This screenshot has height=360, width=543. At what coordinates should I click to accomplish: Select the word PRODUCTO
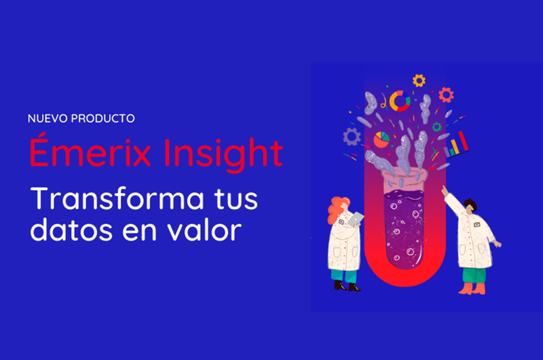click(x=103, y=118)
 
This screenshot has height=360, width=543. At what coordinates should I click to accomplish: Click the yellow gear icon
click(x=419, y=80)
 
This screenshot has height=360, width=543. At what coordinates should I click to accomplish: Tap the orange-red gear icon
click(x=446, y=94)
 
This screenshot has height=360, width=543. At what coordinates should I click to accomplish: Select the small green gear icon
click(x=437, y=127)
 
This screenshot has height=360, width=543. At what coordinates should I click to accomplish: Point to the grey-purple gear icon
click(x=352, y=137)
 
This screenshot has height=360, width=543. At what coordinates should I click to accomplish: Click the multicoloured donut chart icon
click(x=400, y=101)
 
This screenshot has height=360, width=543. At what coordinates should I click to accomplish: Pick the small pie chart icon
click(x=381, y=140)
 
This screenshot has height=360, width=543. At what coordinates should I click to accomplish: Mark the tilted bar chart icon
click(x=456, y=145)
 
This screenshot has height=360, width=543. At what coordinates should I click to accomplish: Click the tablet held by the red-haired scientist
click(x=356, y=219)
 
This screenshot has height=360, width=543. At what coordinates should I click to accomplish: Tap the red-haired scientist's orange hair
click(x=337, y=209)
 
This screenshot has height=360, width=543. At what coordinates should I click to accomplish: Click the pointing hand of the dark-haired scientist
click(x=445, y=190)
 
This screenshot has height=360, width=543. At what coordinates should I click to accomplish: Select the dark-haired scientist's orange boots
click(x=472, y=289)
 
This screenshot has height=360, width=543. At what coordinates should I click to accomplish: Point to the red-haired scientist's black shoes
click(x=347, y=286)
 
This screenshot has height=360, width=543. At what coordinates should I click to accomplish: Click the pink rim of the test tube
click(x=405, y=173)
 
